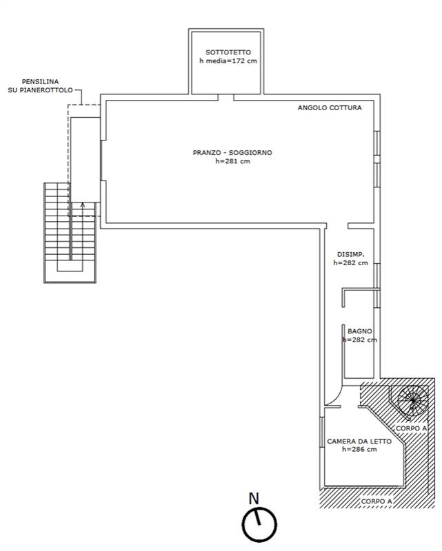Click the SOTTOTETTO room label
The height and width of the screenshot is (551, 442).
pos(228,52)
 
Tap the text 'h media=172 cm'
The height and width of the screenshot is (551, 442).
pos(228,61)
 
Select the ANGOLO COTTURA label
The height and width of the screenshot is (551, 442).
pos(329,107)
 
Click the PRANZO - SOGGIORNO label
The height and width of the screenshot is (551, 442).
pos(232,153)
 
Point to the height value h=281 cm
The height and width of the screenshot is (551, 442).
pos(232,162)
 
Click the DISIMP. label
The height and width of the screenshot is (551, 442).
pos(350,253)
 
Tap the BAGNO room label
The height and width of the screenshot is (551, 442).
pos(360,331)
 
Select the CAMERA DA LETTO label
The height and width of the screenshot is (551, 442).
pos(359,441)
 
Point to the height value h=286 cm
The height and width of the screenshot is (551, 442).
pos(359,450)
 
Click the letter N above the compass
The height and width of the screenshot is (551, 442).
pos(253,497)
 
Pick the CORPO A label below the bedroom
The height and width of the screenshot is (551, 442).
pos(377,501)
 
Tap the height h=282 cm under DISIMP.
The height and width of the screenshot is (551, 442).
pos(350,262)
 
